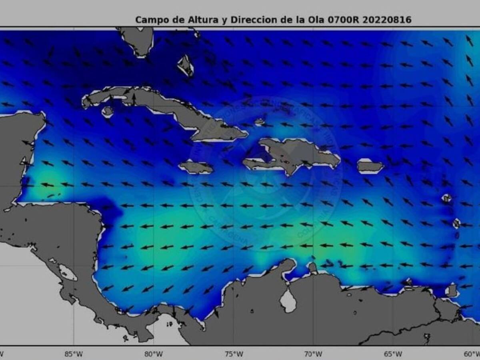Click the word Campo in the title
[x=149, y=20]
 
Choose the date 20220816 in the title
[x=387, y=20]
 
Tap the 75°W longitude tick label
[x=234, y=354]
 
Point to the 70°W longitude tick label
[x=313, y=354]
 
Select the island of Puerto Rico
[x=370, y=166]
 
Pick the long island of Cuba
[x=160, y=104]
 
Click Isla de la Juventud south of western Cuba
[x=107, y=111]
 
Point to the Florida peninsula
[x=138, y=40]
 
